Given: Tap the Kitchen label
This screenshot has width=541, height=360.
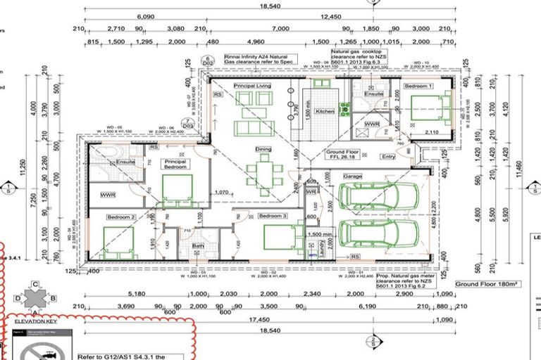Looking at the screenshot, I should coord(325,112).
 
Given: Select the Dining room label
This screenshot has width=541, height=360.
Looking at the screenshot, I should coord(263,149).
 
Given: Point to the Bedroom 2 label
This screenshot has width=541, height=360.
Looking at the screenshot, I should coord(121,217).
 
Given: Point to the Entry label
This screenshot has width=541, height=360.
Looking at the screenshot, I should coord(388,157).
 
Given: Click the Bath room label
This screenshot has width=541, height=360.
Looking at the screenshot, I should coord(199,246).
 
